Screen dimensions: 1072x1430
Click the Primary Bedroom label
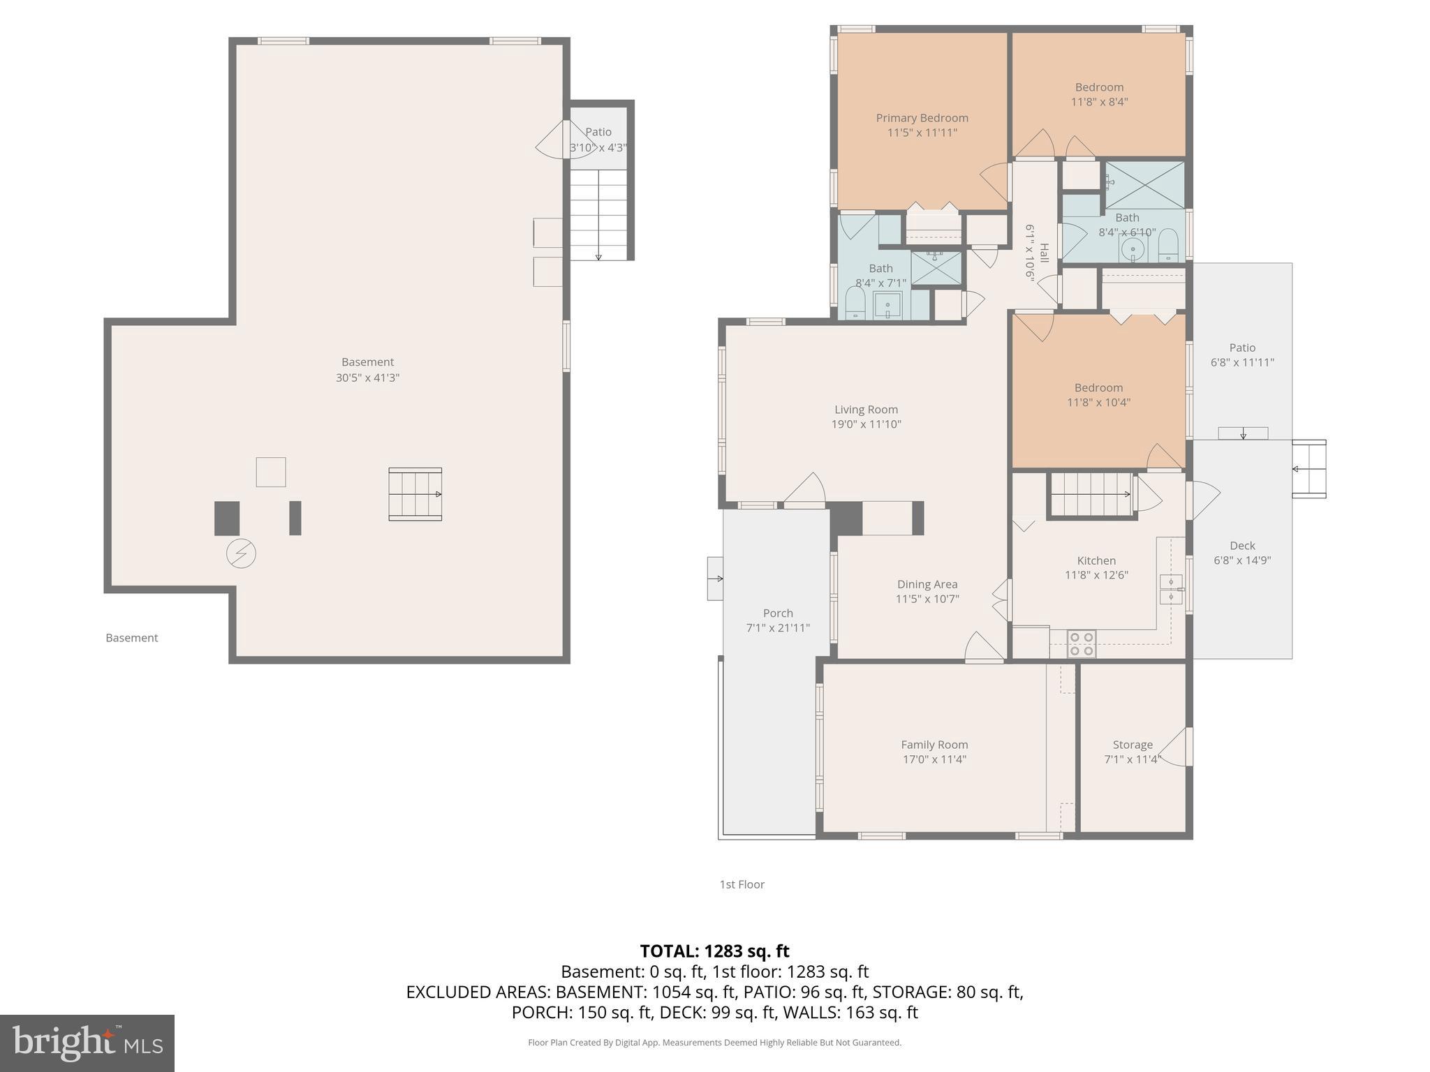coord(922,118)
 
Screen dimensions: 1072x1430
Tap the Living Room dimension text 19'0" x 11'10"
coord(866,424)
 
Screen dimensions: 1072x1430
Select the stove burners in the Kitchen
coord(1082,643)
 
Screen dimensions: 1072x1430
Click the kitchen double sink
coord(1171,589)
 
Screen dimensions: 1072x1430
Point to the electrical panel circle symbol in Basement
coord(241,554)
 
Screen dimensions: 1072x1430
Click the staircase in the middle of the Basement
coord(415,494)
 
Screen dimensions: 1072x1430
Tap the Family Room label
coord(934,745)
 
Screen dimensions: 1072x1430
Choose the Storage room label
coord(1132,745)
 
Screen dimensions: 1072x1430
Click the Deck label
coord(1242,546)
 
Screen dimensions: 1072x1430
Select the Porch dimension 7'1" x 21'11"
coord(778,628)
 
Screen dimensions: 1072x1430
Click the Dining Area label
coord(927,584)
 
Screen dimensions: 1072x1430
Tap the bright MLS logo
coord(87,1043)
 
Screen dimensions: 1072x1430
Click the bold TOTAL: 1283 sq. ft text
coord(714,951)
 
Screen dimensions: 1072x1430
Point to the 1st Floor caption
coord(742,884)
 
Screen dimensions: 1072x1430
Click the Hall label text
coord(1044,253)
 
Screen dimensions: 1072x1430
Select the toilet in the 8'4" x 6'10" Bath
coord(1167,246)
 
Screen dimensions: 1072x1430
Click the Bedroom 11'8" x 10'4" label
coord(1098,388)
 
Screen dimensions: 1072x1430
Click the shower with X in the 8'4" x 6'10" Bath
coord(1144,185)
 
